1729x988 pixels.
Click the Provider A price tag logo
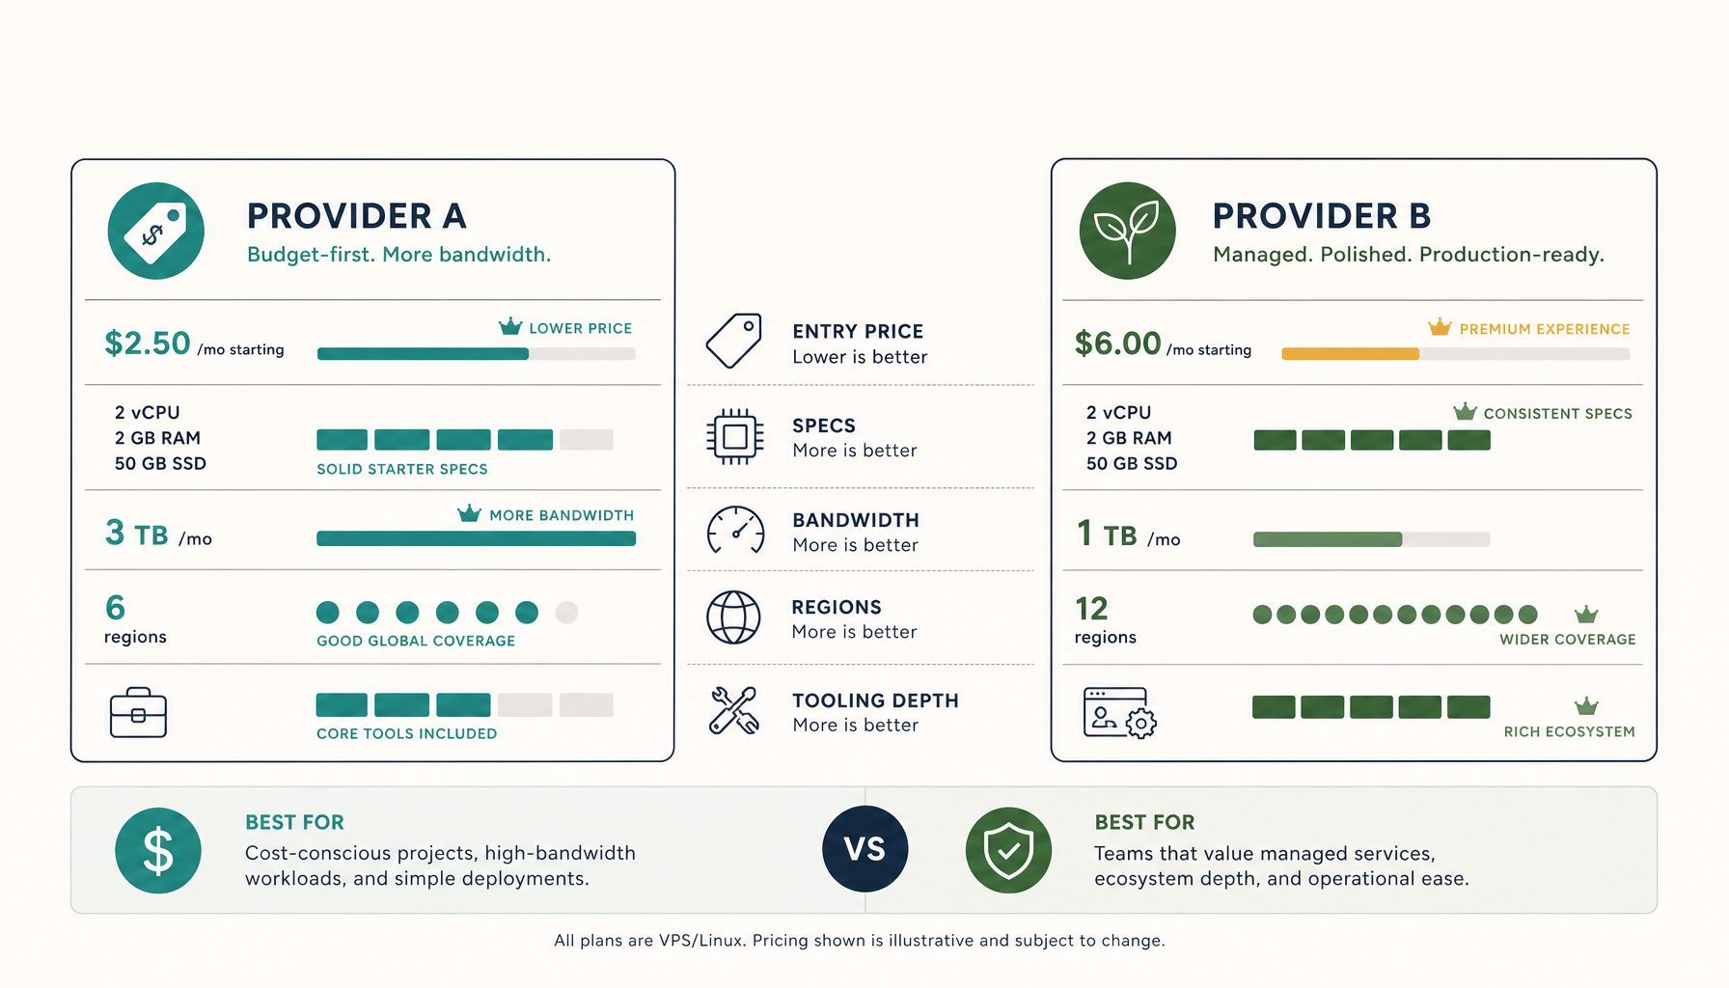(156, 231)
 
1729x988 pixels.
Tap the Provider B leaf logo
(1127, 231)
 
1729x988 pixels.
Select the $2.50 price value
(148, 343)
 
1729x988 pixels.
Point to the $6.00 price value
(1118, 343)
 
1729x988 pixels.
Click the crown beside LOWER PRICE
(510, 326)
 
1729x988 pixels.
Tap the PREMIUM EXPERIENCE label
(1545, 329)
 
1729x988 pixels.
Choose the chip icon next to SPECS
(735, 436)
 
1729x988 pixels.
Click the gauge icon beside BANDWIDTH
(736, 530)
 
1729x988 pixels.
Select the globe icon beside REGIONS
(733, 617)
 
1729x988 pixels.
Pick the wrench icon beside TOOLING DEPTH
(734, 710)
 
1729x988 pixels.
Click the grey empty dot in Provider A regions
(566, 612)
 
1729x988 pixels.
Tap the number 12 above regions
(1091, 609)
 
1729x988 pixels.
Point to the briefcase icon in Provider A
(138, 713)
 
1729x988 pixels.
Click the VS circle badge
(865, 849)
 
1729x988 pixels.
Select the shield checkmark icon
(1008, 850)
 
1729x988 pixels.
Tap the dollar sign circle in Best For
(158, 850)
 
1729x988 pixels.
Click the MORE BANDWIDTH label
(562, 515)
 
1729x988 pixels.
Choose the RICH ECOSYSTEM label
(1570, 732)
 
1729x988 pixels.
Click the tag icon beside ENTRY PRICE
(734, 341)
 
